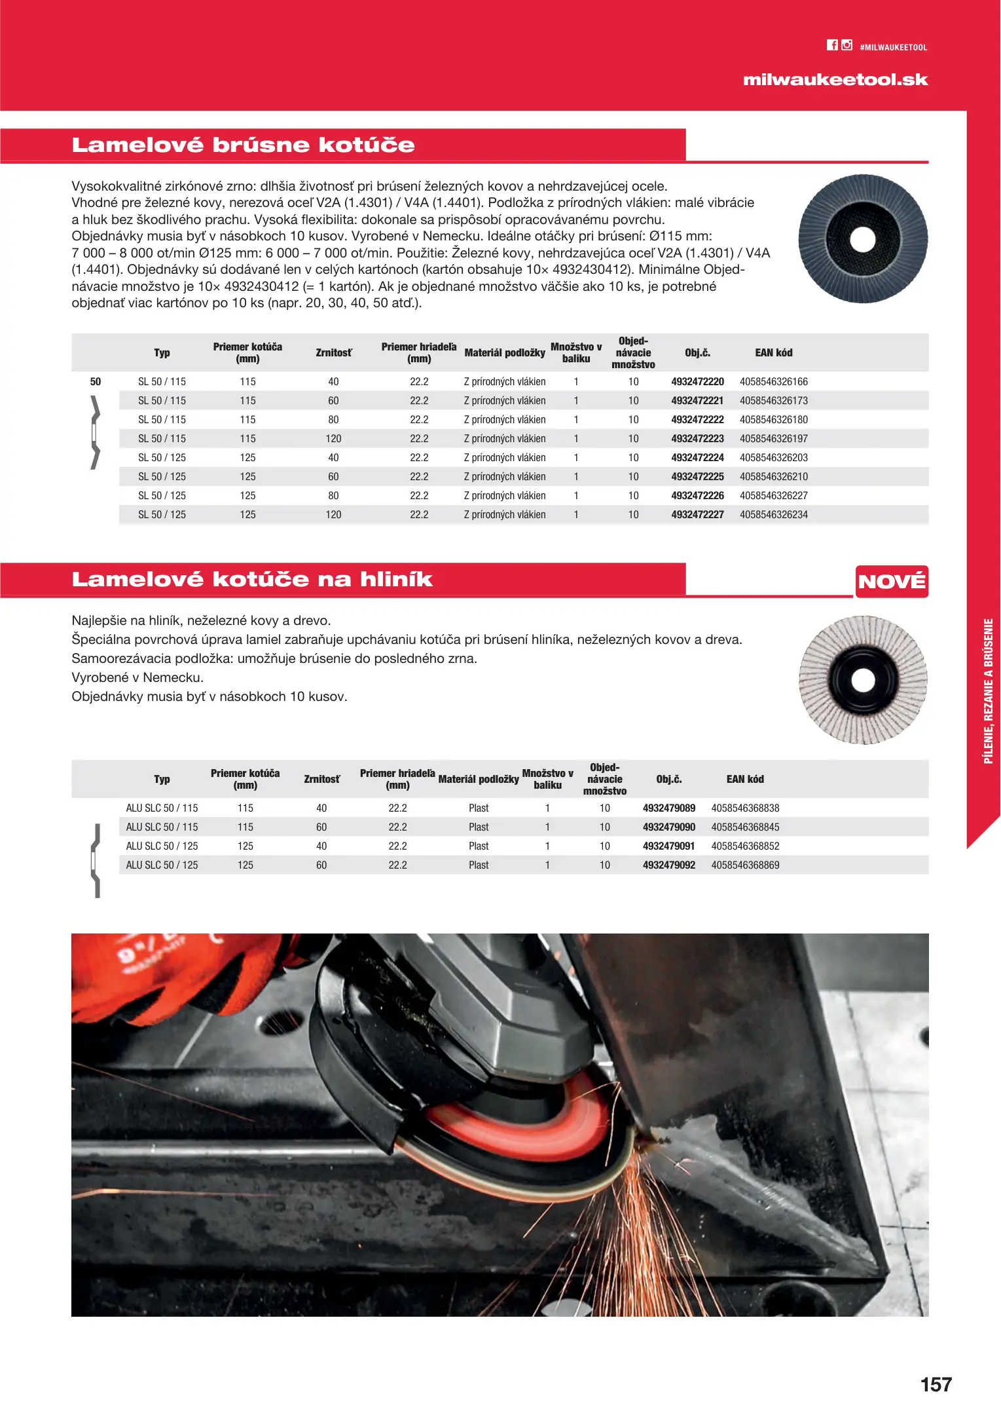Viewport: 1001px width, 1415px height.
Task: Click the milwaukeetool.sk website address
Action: [835, 80]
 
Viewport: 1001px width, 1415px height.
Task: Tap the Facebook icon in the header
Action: [832, 45]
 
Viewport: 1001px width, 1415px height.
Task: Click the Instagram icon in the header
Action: [847, 45]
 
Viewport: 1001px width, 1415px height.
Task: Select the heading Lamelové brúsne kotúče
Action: [243, 145]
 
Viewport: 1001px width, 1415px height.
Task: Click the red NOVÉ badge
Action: [892, 581]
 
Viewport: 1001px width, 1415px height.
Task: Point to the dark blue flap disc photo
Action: [862, 238]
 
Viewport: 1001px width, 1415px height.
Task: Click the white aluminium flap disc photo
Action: [862, 679]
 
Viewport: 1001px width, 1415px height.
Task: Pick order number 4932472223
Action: [697, 438]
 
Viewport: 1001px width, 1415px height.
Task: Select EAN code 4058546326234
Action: [774, 514]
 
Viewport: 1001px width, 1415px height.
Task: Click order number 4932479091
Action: [668, 846]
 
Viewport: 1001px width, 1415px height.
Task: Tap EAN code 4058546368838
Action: [745, 808]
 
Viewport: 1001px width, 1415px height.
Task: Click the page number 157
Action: [936, 1384]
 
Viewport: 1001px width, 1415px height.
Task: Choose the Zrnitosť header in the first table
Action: [333, 352]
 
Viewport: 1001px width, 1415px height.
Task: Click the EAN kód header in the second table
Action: [745, 779]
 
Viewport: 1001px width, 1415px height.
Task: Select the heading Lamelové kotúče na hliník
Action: [252, 579]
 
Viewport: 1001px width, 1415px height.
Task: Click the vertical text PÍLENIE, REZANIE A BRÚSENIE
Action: [989, 691]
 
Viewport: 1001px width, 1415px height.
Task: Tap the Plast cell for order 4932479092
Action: [479, 865]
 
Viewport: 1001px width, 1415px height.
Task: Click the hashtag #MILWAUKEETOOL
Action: [893, 47]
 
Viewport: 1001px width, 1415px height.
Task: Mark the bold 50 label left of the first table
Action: [96, 381]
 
